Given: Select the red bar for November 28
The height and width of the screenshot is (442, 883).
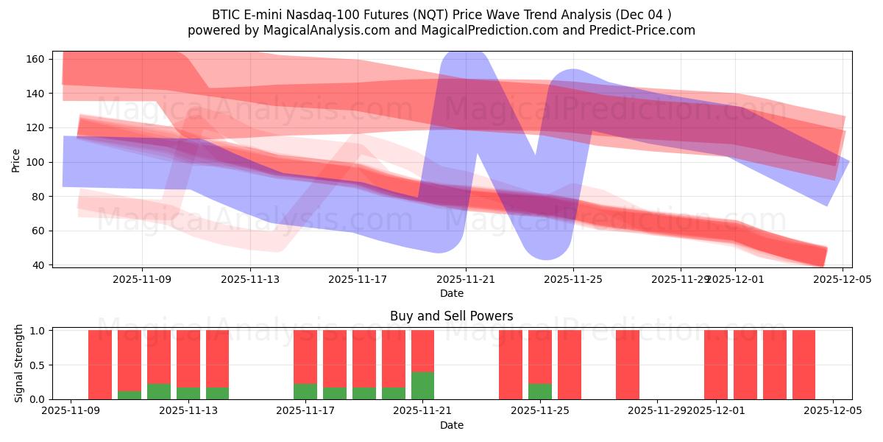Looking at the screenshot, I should tap(628, 365).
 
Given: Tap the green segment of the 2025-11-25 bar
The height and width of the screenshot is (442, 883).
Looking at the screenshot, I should tap(540, 391).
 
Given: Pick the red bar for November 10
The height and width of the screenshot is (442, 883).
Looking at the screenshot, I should tap(100, 365).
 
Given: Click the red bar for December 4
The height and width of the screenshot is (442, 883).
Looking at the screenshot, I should tap(804, 365).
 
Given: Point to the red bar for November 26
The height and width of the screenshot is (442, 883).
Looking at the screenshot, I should tap(570, 365).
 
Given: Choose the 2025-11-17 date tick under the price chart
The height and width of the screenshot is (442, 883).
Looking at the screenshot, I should tap(358, 280).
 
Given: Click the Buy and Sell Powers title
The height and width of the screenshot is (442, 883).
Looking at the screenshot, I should tap(451, 316).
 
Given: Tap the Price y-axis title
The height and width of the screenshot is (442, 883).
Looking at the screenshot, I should tap(16, 160).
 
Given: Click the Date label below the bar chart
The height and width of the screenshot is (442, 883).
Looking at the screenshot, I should tap(451, 425).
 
